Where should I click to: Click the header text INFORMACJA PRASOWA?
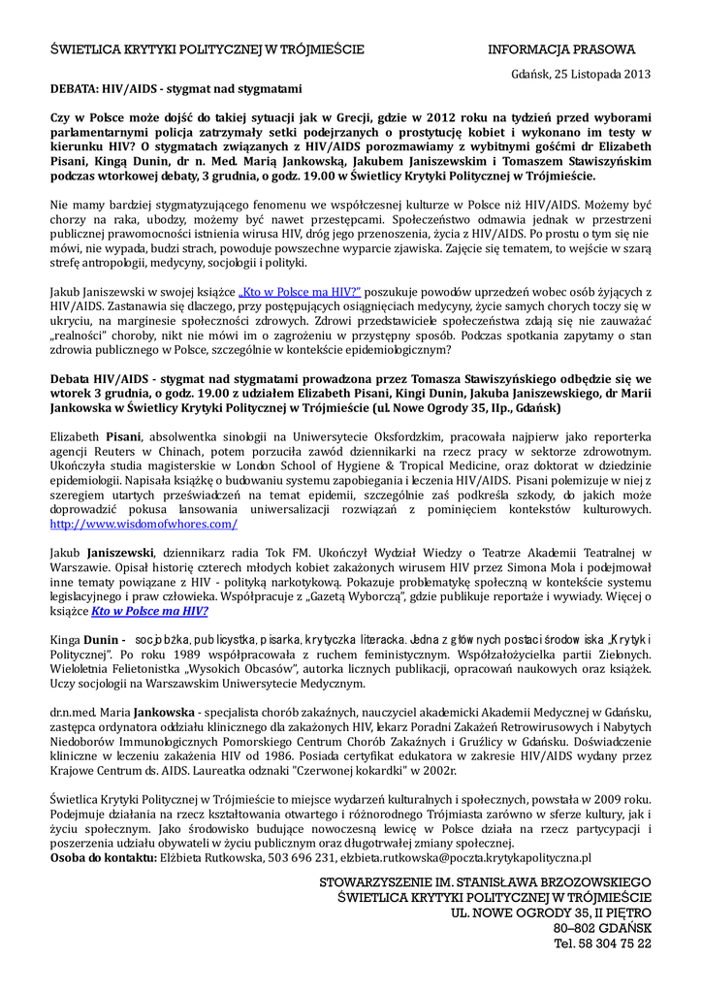[561, 49]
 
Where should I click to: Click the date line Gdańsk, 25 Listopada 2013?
[581, 74]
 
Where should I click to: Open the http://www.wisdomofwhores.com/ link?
[144, 524]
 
